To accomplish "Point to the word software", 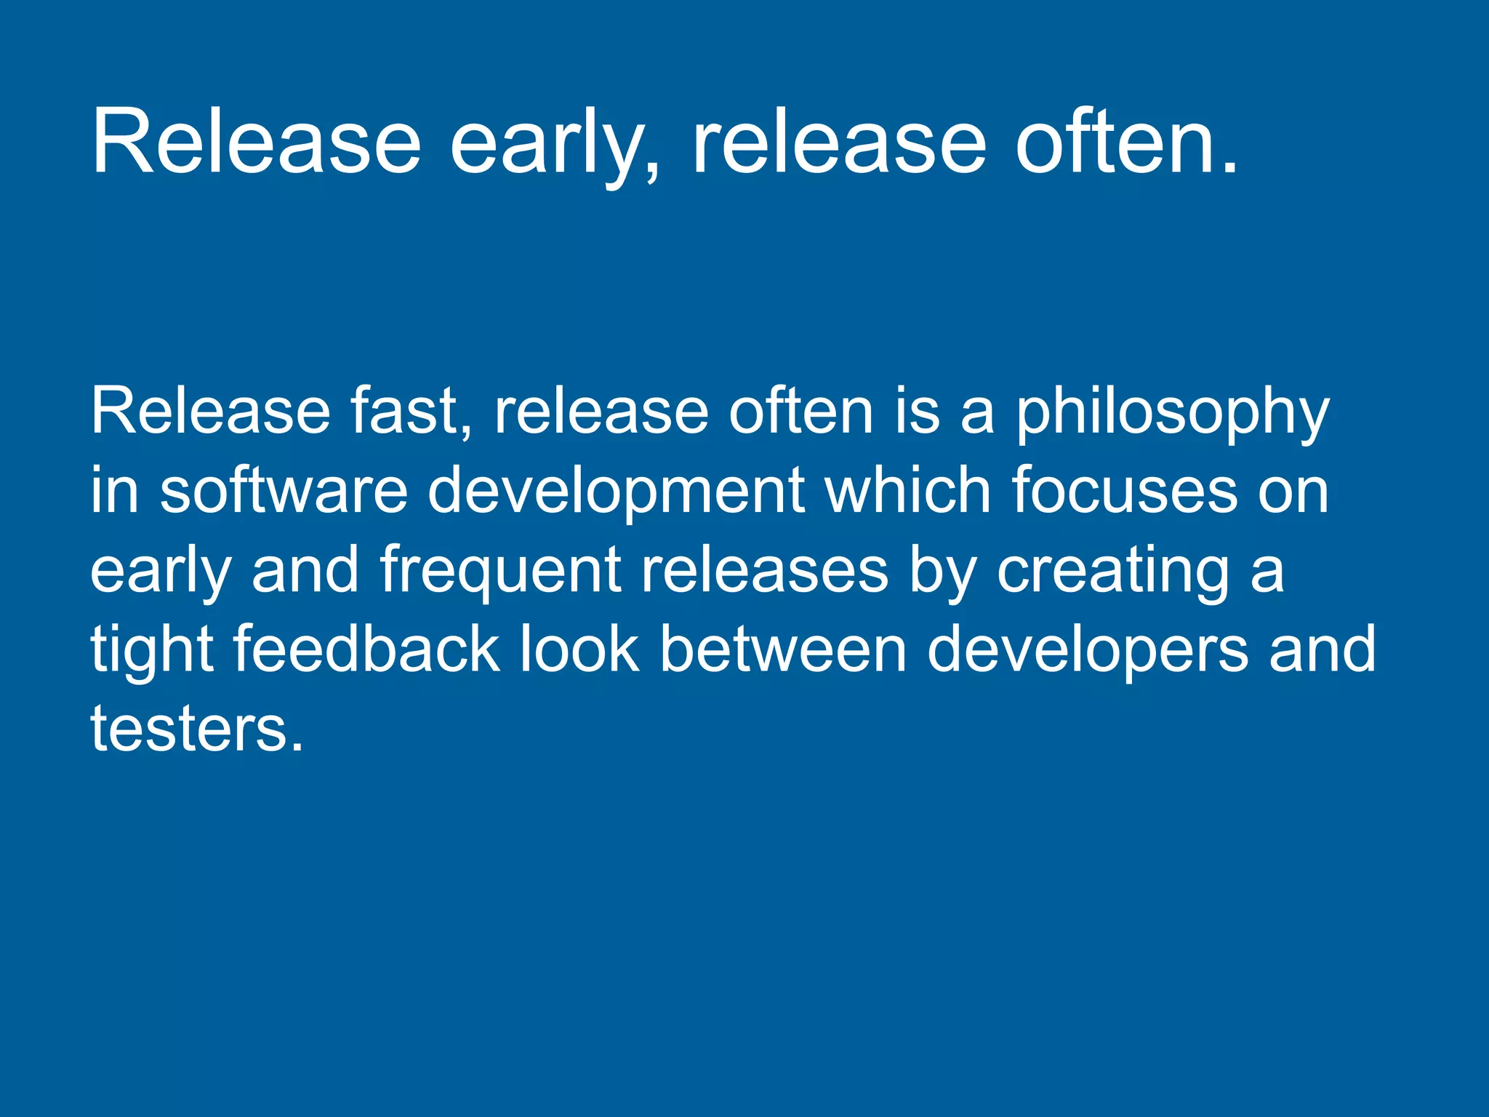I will point(284,491).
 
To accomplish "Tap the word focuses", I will point(1124,491).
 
